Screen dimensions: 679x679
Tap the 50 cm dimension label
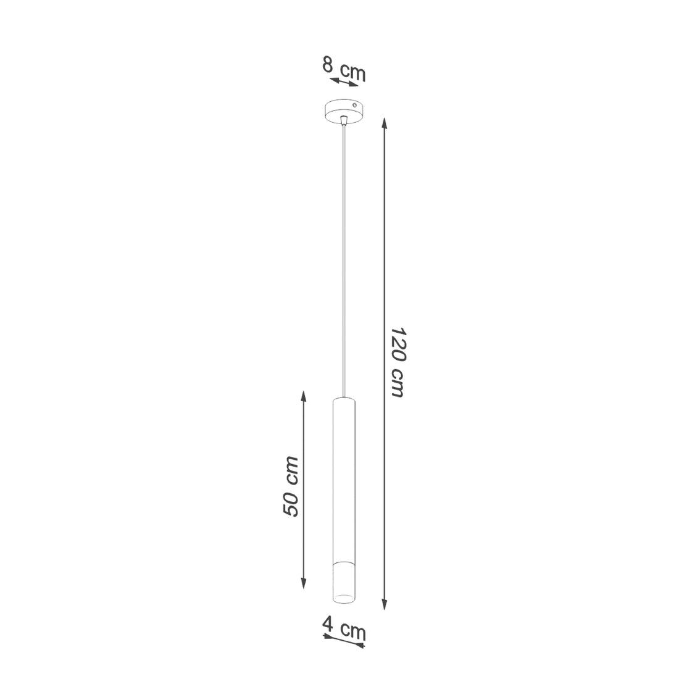[x=291, y=486]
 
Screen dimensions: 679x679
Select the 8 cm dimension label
[x=344, y=69]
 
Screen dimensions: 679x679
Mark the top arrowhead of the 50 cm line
[x=304, y=396]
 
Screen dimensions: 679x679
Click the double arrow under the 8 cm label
[x=344, y=83]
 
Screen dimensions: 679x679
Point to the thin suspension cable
[x=344, y=259]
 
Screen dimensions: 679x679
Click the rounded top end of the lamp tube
[x=344, y=399]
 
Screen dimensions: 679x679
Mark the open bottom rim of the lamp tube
[x=344, y=598]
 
